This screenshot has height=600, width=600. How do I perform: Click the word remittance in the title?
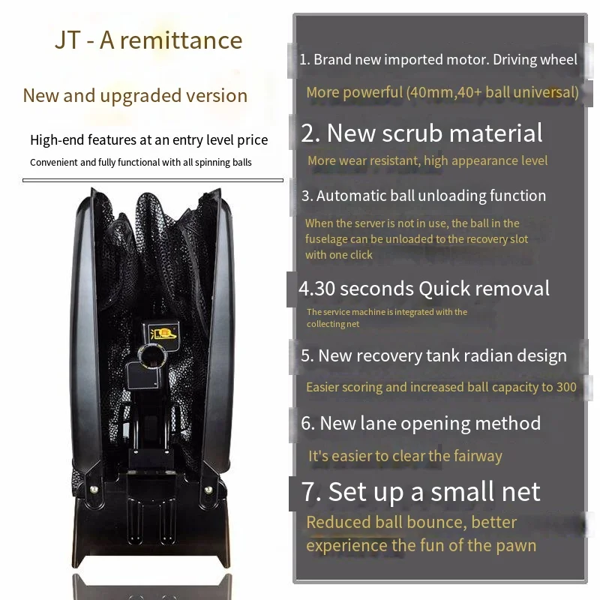[181, 40]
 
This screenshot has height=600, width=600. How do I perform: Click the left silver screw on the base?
[94, 489]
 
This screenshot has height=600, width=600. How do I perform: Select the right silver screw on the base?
[208, 489]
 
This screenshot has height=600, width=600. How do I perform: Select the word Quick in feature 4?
[444, 289]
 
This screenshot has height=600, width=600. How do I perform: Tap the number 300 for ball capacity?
[566, 387]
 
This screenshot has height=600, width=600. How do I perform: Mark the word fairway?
[478, 457]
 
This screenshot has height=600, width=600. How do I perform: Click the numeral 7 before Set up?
[309, 492]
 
